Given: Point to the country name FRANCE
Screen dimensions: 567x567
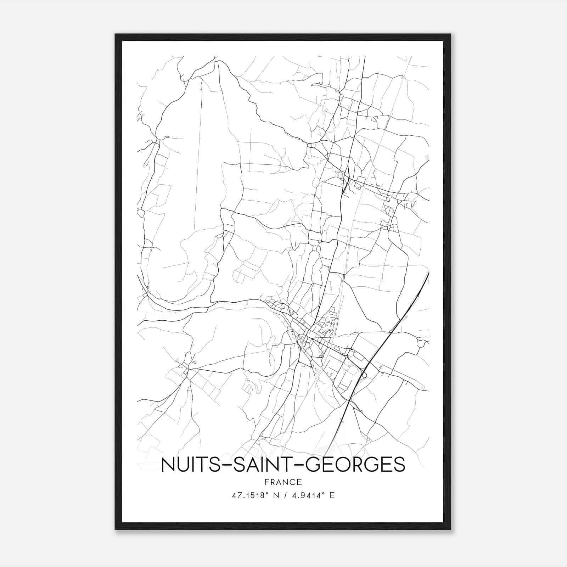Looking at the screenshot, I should click(x=283, y=482).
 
